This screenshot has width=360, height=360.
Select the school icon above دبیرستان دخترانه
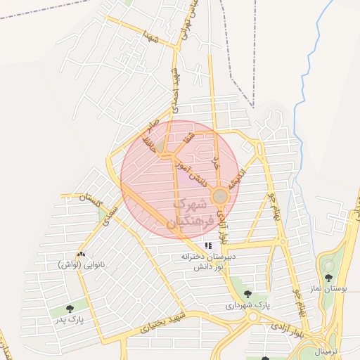[207, 246]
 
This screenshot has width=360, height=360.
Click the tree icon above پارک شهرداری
[247, 294]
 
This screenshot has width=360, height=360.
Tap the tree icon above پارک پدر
[69, 308]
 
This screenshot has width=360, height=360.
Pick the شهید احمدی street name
[173, 92]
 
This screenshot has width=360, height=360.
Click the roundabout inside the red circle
[220, 195]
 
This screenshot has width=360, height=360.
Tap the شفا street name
[186, 139]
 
